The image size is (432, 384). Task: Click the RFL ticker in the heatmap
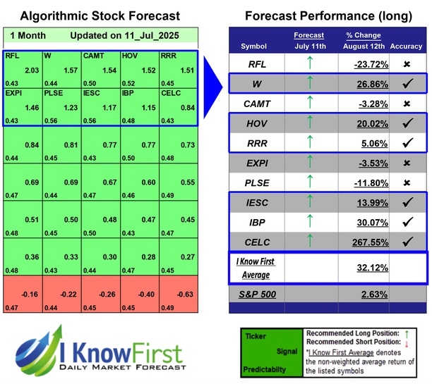coord(13,55)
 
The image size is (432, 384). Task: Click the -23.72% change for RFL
coord(368,64)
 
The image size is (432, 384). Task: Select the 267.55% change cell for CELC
coord(366,242)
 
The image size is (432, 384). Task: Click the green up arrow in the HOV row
coord(309,123)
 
